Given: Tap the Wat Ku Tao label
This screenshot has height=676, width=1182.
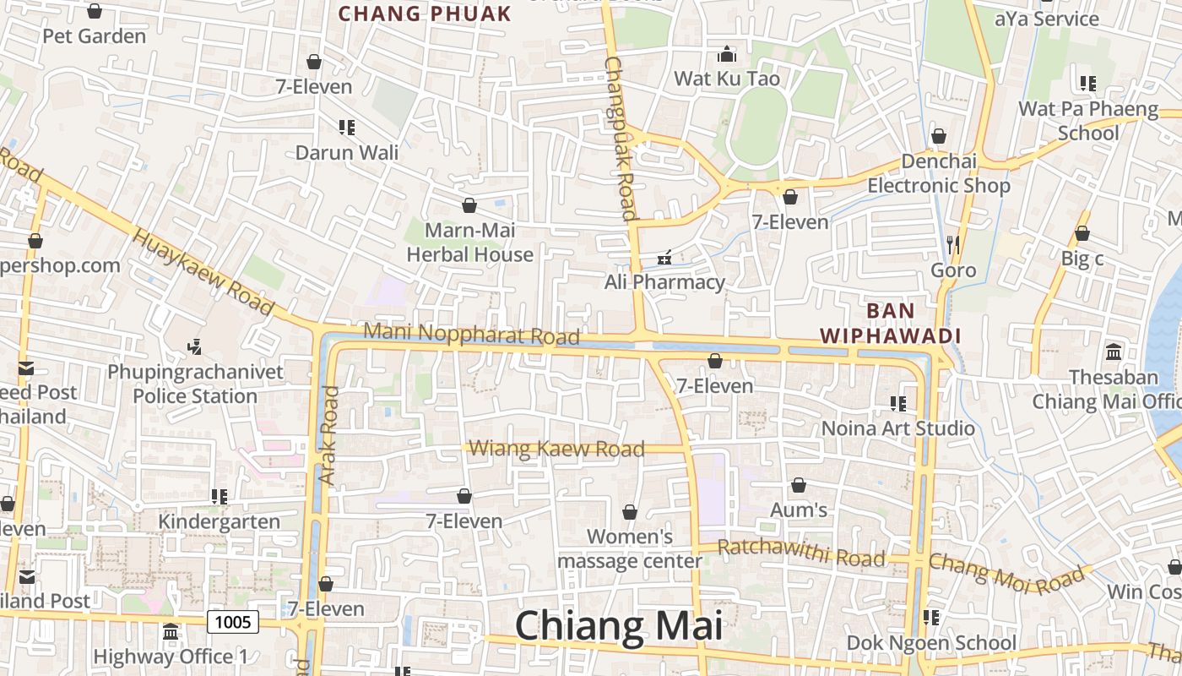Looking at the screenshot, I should pos(726,79).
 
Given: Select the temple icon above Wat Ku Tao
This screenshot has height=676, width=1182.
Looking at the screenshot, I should pos(727,55).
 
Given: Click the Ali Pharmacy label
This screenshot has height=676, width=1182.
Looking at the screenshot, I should pos(664,281).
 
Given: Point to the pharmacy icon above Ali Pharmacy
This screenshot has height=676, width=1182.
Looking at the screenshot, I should pos(664,257).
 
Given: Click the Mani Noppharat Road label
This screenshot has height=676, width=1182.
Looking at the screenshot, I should pos(471,334).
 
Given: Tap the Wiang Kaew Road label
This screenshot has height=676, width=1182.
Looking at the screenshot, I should pos(556,449).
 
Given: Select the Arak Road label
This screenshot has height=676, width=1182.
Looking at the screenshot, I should pos(328,436).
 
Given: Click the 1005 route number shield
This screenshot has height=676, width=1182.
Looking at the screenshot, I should pos(233,622).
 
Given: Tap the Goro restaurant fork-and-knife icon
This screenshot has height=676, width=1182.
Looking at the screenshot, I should pos(953,245).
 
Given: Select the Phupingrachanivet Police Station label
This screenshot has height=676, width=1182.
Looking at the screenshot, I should pos(195,384).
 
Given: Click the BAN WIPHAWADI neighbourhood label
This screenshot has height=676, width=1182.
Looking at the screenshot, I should pos(891,323).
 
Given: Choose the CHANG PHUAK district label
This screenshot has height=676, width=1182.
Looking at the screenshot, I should pos(425,14).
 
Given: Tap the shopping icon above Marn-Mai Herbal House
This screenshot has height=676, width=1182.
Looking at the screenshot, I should pos(469,205).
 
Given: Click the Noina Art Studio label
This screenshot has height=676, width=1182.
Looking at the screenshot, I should pos(898,428).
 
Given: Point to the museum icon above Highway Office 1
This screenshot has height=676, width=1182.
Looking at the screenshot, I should pos(171,631).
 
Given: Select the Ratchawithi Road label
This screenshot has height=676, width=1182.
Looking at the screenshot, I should pos(801,553).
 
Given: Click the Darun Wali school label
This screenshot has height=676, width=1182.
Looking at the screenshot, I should pos(347,153).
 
